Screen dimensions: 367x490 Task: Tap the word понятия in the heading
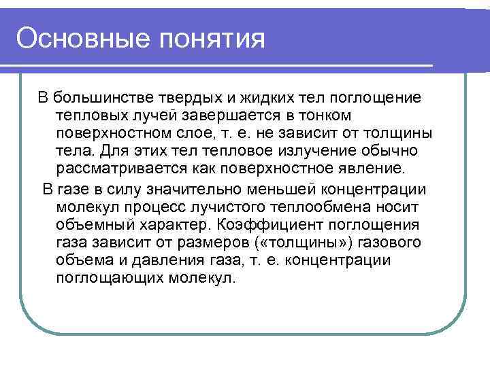click(212, 39)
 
